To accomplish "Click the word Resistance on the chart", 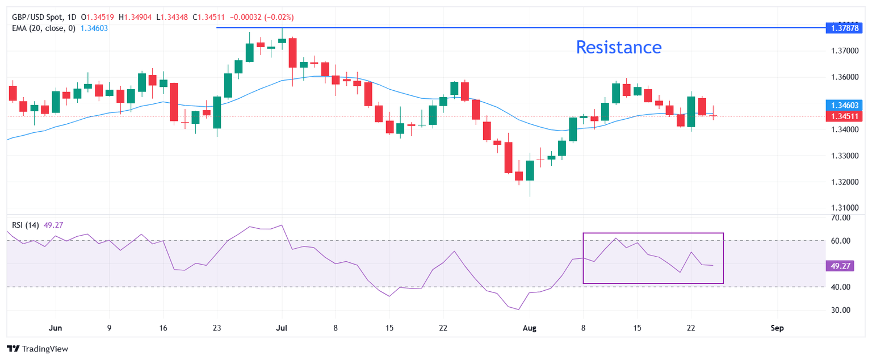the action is coord(619,48).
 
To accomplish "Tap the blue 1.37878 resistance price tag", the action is coord(844,28).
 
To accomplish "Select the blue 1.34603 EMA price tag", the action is coord(844,105).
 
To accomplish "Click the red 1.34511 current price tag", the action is coord(844,116).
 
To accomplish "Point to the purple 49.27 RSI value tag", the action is coord(840,266).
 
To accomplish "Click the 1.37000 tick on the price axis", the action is coord(845,51).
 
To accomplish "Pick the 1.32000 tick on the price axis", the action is coord(845,182).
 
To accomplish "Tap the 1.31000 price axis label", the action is coord(845,208).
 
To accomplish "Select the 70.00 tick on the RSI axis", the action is coord(840,218).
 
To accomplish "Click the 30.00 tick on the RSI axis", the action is coord(840,310).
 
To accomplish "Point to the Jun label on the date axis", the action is coord(55,328).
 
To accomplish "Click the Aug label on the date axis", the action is coord(530,328).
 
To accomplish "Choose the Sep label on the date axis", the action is coord(777,328).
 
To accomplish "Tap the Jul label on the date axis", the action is coord(282,328).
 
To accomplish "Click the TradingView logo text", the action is coord(45,349).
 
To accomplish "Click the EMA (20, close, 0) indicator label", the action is coord(44,28).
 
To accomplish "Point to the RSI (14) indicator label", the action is coord(26,225).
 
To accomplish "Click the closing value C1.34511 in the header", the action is coord(209,17).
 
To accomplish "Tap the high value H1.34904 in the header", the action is coord(135,17).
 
